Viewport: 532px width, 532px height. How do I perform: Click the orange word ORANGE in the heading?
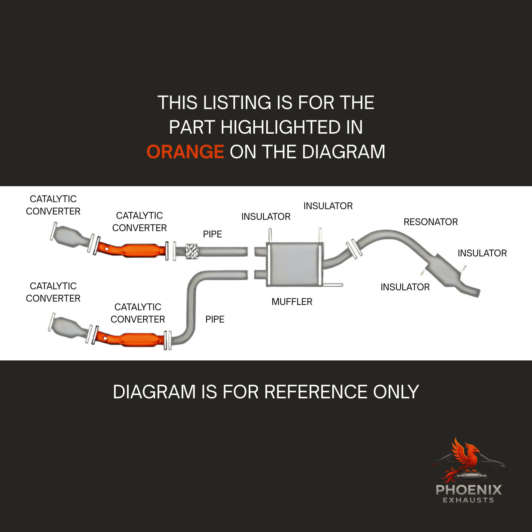click(185, 152)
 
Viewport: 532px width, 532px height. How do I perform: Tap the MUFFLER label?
click(292, 302)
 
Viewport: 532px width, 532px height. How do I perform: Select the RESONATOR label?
click(431, 222)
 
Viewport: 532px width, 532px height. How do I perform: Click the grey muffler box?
click(293, 264)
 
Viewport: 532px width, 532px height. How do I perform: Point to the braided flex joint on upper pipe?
click(191, 251)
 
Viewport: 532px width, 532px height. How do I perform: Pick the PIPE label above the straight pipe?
click(212, 234)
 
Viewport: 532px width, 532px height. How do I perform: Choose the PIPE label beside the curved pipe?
click(215, 320)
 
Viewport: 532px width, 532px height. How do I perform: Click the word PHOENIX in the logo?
click(468, 490)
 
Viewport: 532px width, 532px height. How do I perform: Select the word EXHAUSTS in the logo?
click(468, 500)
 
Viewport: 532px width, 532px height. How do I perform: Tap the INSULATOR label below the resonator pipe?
click(405, 287)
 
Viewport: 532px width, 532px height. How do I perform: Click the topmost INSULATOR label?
click(328, 206)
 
